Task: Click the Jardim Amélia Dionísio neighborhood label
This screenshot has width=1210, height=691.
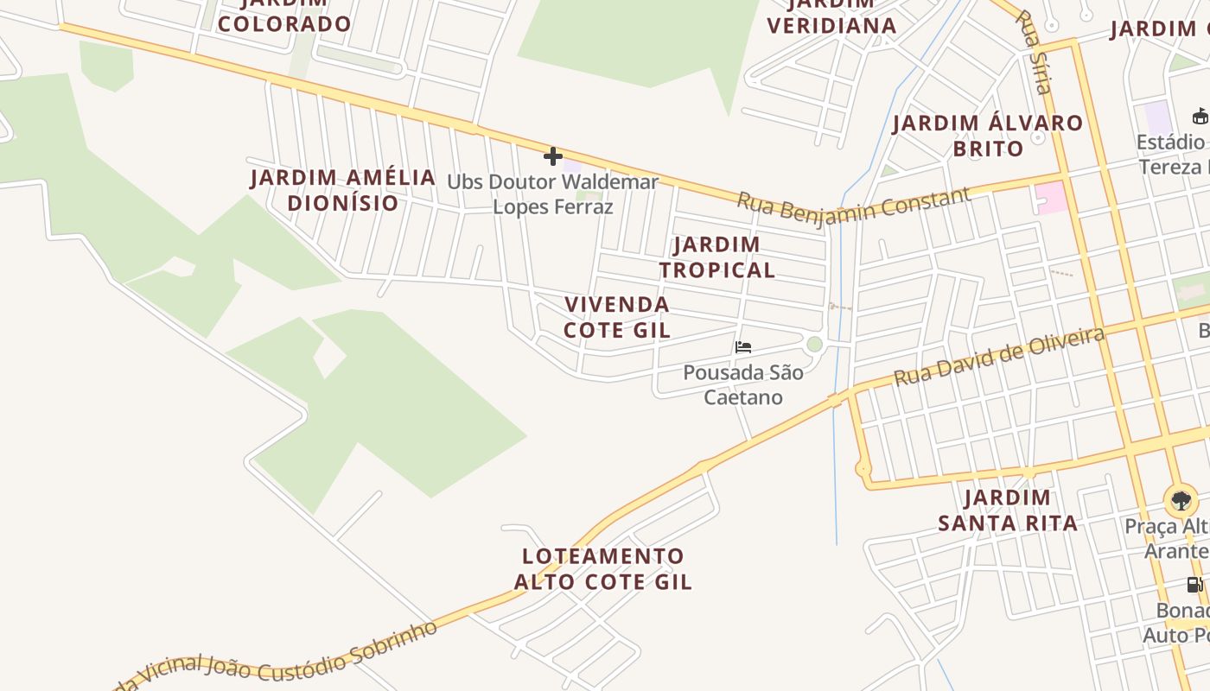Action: (343, 190)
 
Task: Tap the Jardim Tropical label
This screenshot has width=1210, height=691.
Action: (716, 257)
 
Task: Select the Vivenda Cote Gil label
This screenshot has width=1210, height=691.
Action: (616, 317)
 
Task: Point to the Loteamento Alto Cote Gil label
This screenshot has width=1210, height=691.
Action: (602, 568)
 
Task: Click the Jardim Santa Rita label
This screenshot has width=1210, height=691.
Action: (1008, 510)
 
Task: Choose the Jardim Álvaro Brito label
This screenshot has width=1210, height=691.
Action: (988, 136)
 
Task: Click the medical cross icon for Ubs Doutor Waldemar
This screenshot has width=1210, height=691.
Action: (553, 156)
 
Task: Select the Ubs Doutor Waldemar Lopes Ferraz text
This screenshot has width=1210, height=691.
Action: (553, 194)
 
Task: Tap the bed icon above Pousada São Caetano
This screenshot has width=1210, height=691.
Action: (742, 347)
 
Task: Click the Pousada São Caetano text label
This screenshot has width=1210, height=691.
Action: (743, 384)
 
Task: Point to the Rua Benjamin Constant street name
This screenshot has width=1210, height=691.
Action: (853, 204)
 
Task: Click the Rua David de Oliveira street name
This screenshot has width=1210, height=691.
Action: (999, 356)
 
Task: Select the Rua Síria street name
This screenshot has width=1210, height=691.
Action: (1034, 52)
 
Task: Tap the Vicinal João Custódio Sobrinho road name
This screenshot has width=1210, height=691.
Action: (285, 661)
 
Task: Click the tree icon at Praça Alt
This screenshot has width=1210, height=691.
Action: (1181, 500)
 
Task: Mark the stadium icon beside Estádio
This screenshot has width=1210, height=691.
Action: (1200, 116)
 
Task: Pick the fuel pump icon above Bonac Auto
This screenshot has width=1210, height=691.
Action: (1194, 585)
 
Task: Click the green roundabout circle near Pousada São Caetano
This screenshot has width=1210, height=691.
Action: (814, 345)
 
